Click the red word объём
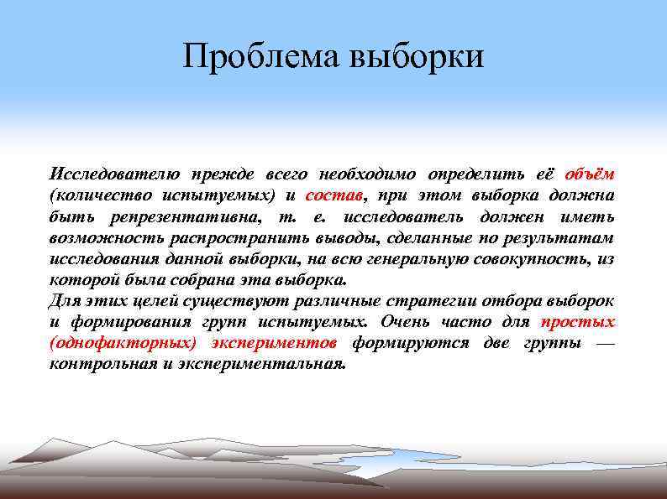pos(589,174)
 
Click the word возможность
pos(100,238)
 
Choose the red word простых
pos(577,322)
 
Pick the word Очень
pos(406,322)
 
